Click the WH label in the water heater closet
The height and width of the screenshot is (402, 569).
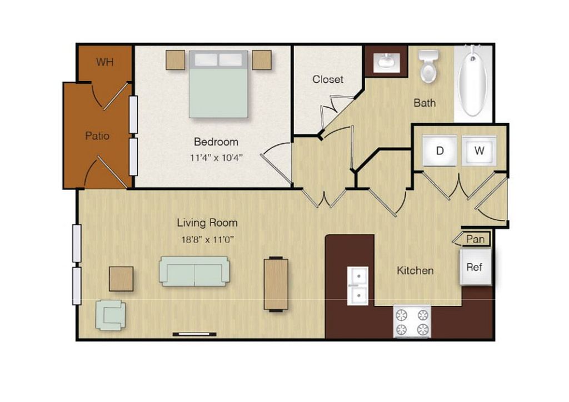pyautogui.click(x=105, y=62)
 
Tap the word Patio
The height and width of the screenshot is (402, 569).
pyautogui.click(x=97, y=135)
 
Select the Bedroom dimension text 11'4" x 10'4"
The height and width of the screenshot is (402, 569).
pyautogui.click(x=216, y=158)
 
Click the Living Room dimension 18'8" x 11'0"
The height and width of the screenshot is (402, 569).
pyautogui.click(x=207, y=239)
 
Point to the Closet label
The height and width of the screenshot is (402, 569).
pyautogui.click(x=328, y=79)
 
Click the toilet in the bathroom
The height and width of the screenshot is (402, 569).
pyautogui.click(x=428, y=66)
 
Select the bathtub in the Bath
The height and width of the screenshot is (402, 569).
pyautogui.click(x=473, y=81)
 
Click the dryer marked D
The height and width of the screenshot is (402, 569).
pyautogui.click(x=440, y=150)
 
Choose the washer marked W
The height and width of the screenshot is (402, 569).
pyautogui.click(x=479, y=150)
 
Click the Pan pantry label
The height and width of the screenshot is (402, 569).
pyautogui.click(x=475, y=239)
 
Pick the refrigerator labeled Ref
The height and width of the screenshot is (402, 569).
pyautogui.click(x=475, y=267)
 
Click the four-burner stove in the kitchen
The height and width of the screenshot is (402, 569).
pyautogui.click(x=412, y=321)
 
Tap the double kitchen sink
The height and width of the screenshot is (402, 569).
pyautogui.click(x=358, y=286)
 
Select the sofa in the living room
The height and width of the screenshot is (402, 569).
pyautogui.click(x=194, y=271)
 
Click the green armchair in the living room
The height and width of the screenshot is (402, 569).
pyautogui.click(x=111, y=315)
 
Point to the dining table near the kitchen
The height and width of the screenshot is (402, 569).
pyautogui.click(x=276, y=284)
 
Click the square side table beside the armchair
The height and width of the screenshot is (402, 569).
pyautogui.click(x=121, y=279)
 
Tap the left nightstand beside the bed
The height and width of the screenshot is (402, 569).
pyautogui.click(x=176, y=60)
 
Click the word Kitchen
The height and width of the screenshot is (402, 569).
pyautogui.click(x=415, y=270)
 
